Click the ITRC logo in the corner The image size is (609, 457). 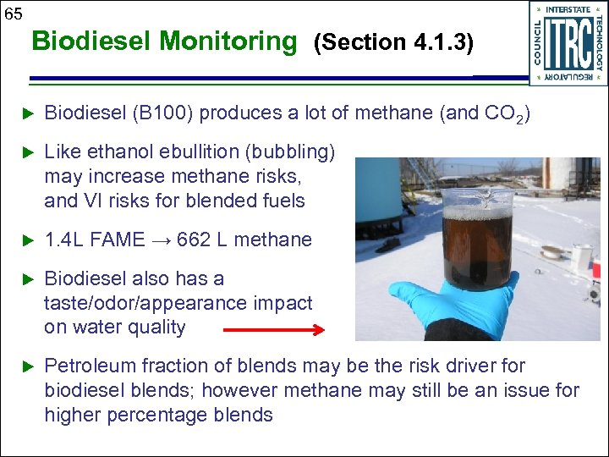click(567, 42)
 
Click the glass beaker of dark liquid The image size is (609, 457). click(478, 237)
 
